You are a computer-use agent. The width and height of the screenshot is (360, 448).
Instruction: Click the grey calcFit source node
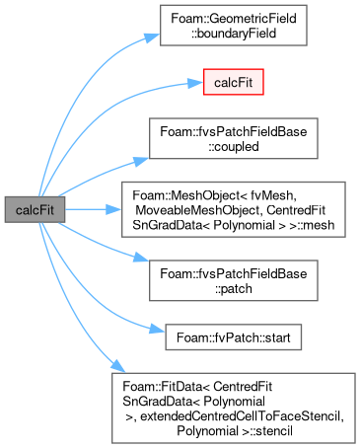point(35,209)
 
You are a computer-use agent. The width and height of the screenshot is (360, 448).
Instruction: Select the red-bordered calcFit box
point(234,82)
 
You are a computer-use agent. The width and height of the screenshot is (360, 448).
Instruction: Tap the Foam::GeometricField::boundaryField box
point(234,26)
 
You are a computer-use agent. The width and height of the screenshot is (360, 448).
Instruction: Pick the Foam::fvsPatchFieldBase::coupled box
point(234,138)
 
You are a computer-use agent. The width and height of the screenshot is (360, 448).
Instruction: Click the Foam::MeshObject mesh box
point(234,209)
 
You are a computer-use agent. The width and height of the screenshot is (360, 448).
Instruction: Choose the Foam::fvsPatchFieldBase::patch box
point(234,280)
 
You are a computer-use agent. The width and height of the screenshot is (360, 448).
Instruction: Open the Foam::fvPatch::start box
point(234,337)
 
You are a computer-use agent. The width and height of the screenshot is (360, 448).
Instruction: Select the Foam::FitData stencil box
point(234,409)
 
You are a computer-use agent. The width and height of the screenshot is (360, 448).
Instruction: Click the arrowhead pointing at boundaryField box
point(153,37)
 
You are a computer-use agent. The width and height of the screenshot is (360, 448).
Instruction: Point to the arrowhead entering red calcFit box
point(195,83)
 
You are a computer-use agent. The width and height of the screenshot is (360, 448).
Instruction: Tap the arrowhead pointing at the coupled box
point(141,161)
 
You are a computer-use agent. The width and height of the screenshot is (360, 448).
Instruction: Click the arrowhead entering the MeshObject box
point(113,209)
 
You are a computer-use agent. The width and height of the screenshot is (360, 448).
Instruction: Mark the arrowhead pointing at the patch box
point(141,258)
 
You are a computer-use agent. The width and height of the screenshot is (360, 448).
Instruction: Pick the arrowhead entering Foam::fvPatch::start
point(157,329)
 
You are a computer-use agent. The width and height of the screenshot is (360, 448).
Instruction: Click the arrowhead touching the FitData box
point(118,366)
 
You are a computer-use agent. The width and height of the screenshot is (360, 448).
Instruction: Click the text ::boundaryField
point(234,34)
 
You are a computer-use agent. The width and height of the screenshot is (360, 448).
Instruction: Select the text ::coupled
point(234,146)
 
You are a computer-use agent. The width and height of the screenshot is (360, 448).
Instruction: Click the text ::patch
point(234,288)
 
